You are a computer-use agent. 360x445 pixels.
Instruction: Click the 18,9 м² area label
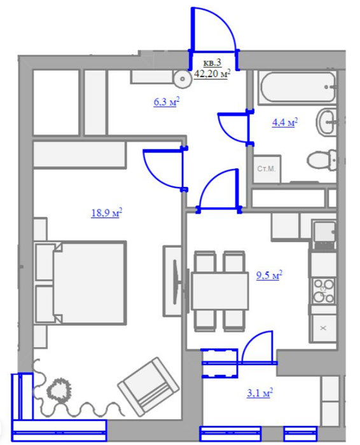(x=107, y=212)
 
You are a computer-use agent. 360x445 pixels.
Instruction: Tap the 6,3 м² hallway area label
(x=167, y=102)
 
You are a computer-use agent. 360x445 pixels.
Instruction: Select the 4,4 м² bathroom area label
(x=285, y=123)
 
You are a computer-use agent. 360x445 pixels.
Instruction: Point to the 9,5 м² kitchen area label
(x=269, y=275)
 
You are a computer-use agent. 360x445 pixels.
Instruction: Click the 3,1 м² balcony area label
(x=260, y=393)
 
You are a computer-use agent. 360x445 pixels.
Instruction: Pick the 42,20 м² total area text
(x=212, y=74)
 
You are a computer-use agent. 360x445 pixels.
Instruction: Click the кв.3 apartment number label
(x=212, y=62)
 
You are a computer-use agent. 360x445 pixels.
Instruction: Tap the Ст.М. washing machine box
(x=267, y=169)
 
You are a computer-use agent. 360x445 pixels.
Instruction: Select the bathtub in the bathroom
(x=298, y=86)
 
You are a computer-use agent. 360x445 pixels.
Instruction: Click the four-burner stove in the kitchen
(x=323, y=291)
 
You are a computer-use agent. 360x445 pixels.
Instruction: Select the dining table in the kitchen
(x=219, y=291)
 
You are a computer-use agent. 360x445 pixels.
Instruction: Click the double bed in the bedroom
(x=80, y=282)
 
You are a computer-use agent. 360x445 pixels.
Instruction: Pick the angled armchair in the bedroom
(x=148, y=386)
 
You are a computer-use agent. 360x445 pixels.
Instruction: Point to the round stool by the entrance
(x=183, y=79)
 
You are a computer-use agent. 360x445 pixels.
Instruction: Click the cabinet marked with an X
(x=323, y=328)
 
